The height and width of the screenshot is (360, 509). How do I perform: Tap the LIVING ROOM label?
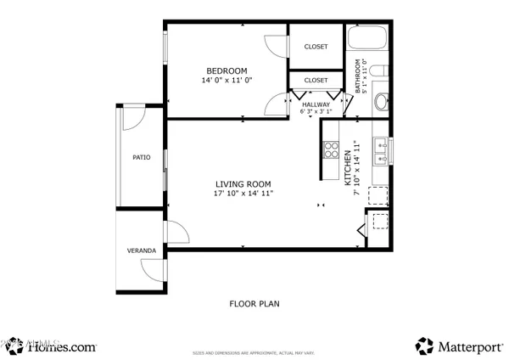243,184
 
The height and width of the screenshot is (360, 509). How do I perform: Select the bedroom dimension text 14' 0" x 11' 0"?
227,81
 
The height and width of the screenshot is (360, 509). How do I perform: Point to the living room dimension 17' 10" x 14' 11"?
243,194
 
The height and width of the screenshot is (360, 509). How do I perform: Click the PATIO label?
141,157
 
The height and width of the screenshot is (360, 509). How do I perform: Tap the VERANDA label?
142,251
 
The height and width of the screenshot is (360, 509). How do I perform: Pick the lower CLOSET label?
316,80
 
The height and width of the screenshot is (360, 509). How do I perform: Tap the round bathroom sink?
382,103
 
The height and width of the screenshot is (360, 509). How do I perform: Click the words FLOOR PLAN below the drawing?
255,303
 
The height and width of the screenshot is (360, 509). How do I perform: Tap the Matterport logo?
457,346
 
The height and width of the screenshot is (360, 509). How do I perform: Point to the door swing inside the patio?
134,119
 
